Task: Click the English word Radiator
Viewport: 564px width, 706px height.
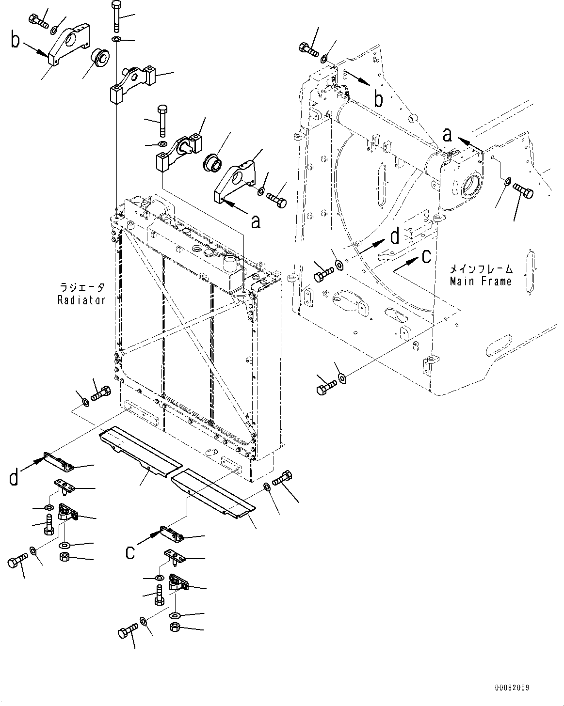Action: (81, 300)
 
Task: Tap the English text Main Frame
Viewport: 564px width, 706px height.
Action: (481, 281)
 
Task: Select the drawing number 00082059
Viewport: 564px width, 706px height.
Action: (512, 688)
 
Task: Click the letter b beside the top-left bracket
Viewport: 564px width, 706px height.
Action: (16, 41)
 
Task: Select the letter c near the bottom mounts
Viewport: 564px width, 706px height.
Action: (130, 552)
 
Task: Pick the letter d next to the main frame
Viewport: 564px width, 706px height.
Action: (395, 236)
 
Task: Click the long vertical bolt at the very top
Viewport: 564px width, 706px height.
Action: (116, 17)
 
